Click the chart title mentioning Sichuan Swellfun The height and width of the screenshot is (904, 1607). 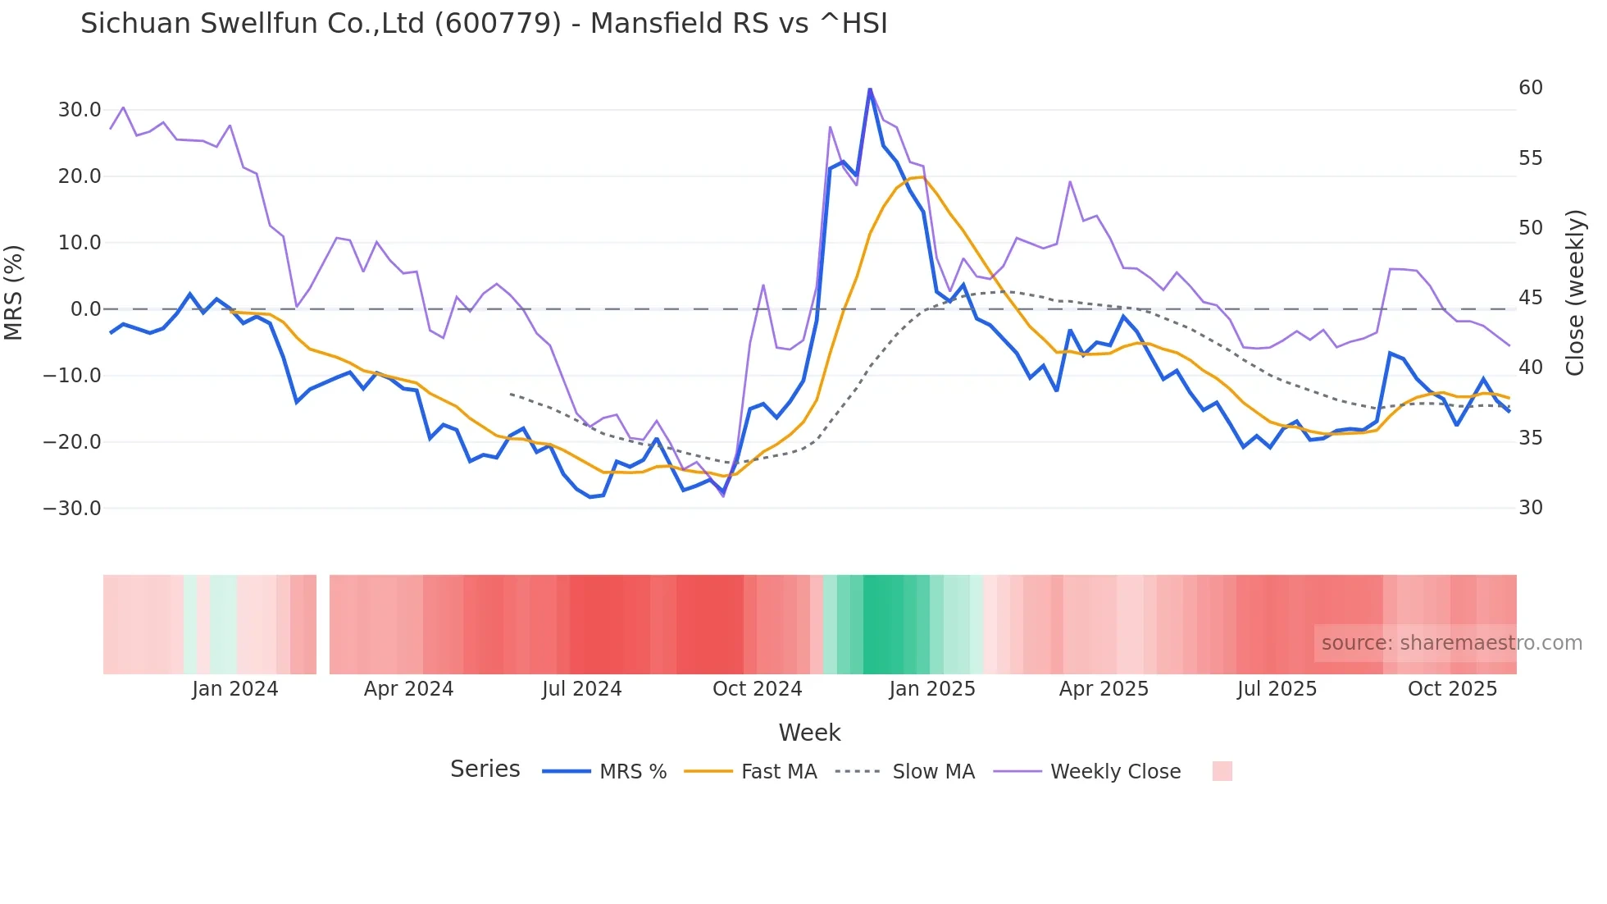[484, 24]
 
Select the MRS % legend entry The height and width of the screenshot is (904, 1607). [632, 772]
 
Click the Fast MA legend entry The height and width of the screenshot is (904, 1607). [778, 772]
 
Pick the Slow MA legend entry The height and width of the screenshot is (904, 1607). [933, 772]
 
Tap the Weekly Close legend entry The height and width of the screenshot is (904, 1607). [1115, 772]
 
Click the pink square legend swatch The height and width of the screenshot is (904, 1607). [1222, 771]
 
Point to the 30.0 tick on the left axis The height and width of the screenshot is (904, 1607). [80, 110]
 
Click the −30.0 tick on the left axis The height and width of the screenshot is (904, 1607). [72, 509]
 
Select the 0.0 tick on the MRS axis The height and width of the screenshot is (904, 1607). [85, 309]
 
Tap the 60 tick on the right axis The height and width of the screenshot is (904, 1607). [1530, 88]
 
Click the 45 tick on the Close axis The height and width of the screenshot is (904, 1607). [1530, 298]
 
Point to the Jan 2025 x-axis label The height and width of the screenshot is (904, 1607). [932, 689]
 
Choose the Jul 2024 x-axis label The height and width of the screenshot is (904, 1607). [582, 689]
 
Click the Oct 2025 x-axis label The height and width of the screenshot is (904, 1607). [1452, 689]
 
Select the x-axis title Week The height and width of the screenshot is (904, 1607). [809, 733]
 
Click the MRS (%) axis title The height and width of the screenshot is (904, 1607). [14, 293]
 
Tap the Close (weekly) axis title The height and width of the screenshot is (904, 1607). [1575, 293]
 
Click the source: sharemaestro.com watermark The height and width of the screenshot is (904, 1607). [1451, 643]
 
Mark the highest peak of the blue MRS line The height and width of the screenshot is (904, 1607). [870, 89]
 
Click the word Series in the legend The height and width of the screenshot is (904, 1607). [485, 769]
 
